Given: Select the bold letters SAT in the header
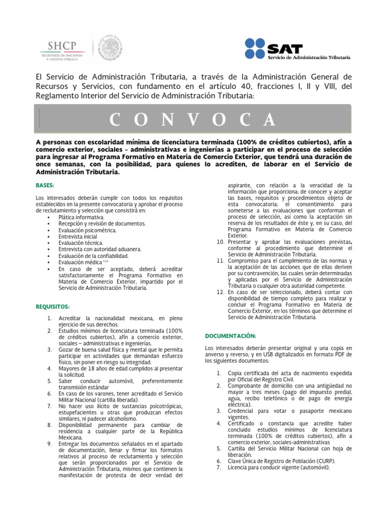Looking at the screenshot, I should click(x=285, y=49).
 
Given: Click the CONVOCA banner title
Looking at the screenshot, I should click(x=193, y=119).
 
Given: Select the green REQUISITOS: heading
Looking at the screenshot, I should click(x=53, y=307).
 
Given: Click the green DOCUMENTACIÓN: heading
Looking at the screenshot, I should click(x=230, y=336).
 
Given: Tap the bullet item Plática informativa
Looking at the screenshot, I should click(x=81, y=217).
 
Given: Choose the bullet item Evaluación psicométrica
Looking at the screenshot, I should click(x=87, y=230).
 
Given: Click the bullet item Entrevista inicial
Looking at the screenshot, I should click(x=78, y=236).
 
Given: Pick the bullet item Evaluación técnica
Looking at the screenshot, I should click(x=79, y=243).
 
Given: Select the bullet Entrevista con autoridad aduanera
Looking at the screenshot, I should click(x=100, y=249).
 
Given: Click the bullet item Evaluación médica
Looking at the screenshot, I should click(x=80, y=262).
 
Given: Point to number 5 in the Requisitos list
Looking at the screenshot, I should click(x=50, y=380).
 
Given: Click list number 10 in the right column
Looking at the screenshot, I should click(x=220, y=242).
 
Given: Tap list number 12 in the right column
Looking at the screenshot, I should click(x=220, y=292).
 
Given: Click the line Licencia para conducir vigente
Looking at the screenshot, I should click(x=278, y=467).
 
